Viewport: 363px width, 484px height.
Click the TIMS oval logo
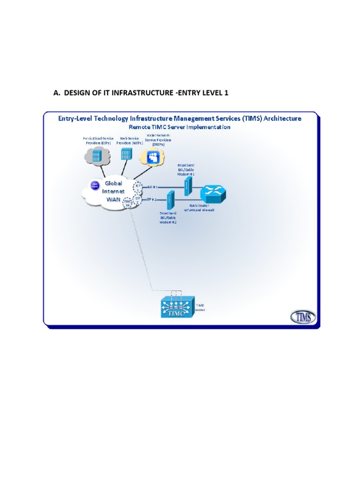coord(303,317)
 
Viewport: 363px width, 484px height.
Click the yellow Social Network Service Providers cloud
coord(154,156)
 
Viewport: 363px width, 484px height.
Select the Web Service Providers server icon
coord(125,155)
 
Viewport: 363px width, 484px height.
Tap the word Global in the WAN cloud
coord(113,183)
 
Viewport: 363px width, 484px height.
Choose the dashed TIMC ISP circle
coord(127,203)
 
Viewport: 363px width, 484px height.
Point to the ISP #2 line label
coord(150,200)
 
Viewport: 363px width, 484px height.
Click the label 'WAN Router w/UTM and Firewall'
coord(202,208)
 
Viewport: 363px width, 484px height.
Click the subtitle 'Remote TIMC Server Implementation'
coord(180,127)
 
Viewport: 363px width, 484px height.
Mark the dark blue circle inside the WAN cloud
coord(95,185)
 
